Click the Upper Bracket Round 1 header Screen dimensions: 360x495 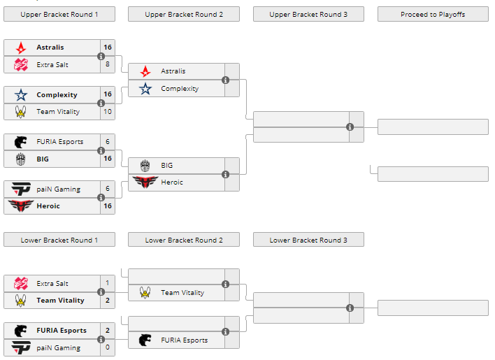point(59,14)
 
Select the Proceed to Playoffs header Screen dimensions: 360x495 point(433,14)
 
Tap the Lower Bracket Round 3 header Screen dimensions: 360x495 point(308,240)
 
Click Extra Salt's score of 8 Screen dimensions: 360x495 point(108,64)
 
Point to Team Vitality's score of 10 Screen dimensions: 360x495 point(108,112)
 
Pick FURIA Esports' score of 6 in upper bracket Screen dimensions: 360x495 point(108,141)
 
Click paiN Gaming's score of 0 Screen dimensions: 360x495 point(108,347)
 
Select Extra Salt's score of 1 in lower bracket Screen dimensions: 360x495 point(108,283)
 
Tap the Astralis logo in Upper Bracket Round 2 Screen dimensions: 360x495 point(145,71)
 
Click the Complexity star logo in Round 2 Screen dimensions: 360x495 point(145,89)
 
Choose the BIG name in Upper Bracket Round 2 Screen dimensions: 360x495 point(167,166)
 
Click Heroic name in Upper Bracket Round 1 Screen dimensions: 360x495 point(48,206)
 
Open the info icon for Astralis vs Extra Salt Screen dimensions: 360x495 point(101,56)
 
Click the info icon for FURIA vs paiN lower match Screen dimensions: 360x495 point(101,339)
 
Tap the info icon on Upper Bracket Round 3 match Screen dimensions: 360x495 point(350,127)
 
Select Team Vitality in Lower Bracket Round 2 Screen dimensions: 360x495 point(182,293)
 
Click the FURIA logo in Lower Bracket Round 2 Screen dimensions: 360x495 point(145,340)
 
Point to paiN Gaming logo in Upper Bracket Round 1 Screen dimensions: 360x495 point(21,189)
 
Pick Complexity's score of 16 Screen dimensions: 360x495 point(108,94)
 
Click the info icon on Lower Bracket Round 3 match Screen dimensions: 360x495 point(350,308)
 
